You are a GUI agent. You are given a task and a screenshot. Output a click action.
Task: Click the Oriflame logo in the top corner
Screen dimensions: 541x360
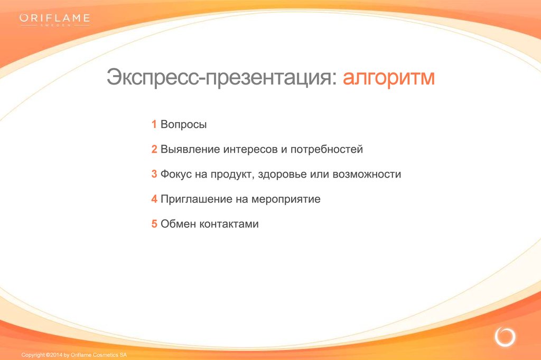[55, 20]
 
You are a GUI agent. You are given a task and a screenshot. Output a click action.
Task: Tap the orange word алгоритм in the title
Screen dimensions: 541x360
[388, 77]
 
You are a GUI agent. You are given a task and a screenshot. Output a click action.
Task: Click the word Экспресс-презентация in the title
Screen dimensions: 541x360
[221, 77]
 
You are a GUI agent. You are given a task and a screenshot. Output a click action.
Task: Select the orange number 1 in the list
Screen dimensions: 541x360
[154, 124]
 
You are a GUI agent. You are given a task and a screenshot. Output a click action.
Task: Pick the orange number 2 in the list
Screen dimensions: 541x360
[154, 149]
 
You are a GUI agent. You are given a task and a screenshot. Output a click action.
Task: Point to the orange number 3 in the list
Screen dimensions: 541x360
[154, 173]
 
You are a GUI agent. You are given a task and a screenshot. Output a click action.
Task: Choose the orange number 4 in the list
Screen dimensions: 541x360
[154, 198]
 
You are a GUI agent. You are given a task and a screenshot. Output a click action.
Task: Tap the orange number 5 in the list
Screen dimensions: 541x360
[154, 223]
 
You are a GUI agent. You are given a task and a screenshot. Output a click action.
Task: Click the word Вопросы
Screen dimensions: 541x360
[183, 124]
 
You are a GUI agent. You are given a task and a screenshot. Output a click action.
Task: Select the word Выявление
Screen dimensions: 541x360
[190, 149]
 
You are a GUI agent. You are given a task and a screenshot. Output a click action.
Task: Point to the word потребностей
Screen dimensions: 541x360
[327, 149]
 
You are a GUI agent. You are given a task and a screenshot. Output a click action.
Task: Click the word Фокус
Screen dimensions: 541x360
[176, 174]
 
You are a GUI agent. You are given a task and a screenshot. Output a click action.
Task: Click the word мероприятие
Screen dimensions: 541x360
[286, 199]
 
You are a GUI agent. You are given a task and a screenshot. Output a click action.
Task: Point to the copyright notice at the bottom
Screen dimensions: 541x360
[74, 355]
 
